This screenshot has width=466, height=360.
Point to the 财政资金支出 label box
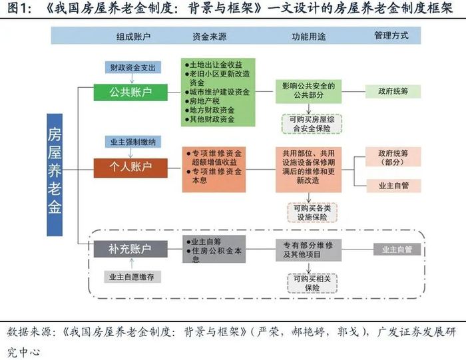pyautogui.click(x=130, y=68)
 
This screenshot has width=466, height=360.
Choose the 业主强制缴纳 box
pyautogui.click(x=130, y=142)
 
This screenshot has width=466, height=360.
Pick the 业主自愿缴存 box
pyautogui.click(x=130, y=277)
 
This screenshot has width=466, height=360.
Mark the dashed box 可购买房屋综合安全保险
pyautogui.click(x=308, y=121)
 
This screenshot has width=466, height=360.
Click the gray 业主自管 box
pyautogui.click(x=397, y=250)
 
